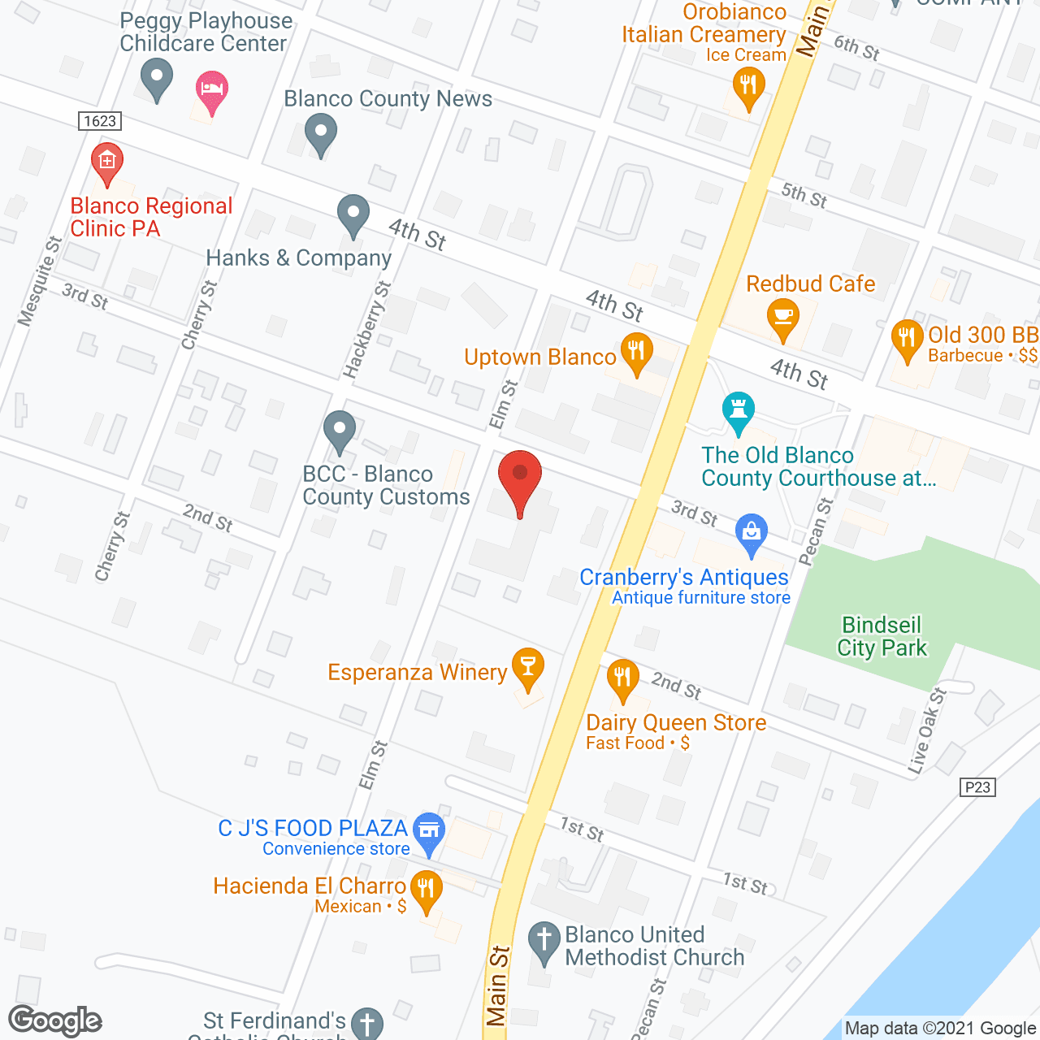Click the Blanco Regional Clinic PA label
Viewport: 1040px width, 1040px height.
[151, 218]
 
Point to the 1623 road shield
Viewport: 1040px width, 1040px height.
[101, 121]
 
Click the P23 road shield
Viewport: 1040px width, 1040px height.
[977, 786]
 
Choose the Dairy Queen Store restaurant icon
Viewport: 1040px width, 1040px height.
[622, 678]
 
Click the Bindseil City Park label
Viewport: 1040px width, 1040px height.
[882, 636]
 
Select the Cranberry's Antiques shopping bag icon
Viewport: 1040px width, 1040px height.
[752, 533]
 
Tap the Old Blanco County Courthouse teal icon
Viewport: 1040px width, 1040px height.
[739, 410]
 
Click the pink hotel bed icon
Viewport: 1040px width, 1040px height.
[212, 89]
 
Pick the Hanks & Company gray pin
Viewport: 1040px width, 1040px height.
[353, 214]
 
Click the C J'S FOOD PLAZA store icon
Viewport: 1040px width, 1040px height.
[429, 830]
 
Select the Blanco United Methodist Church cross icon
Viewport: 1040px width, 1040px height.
[544, 941]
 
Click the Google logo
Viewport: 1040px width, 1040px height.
[55, 1020]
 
